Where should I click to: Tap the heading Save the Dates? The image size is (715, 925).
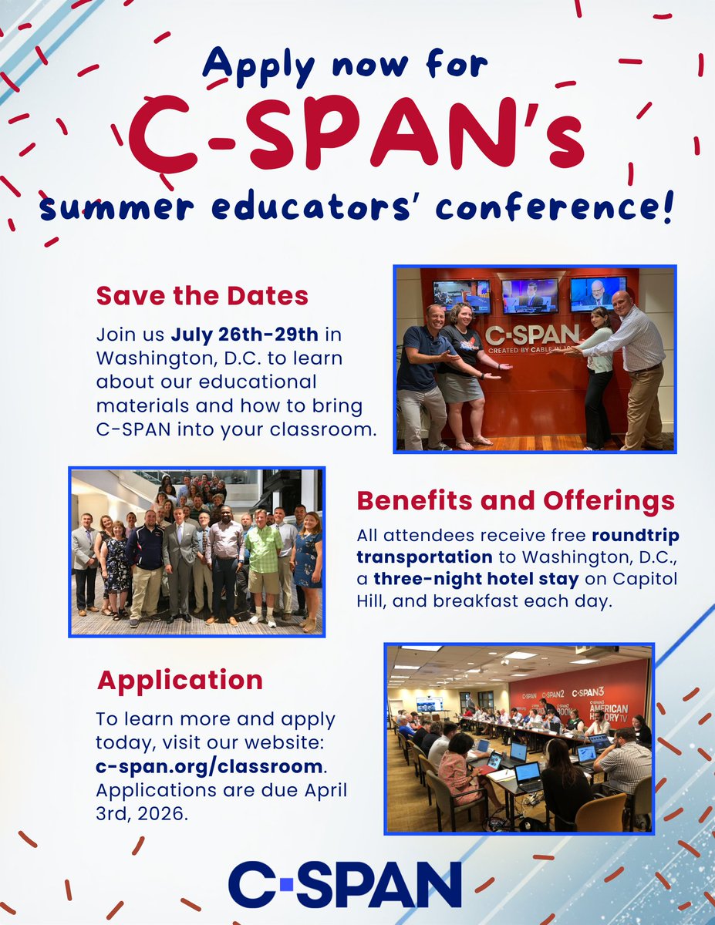202,296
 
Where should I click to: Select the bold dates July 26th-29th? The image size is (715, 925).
245,335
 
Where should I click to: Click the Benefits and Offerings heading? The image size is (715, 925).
515,501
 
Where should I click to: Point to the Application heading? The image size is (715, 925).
180,680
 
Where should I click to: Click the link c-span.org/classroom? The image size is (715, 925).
209,766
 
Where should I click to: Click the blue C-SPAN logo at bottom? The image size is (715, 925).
345,884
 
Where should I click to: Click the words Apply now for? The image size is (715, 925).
345,66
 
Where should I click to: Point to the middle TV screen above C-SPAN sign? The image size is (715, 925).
530,296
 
